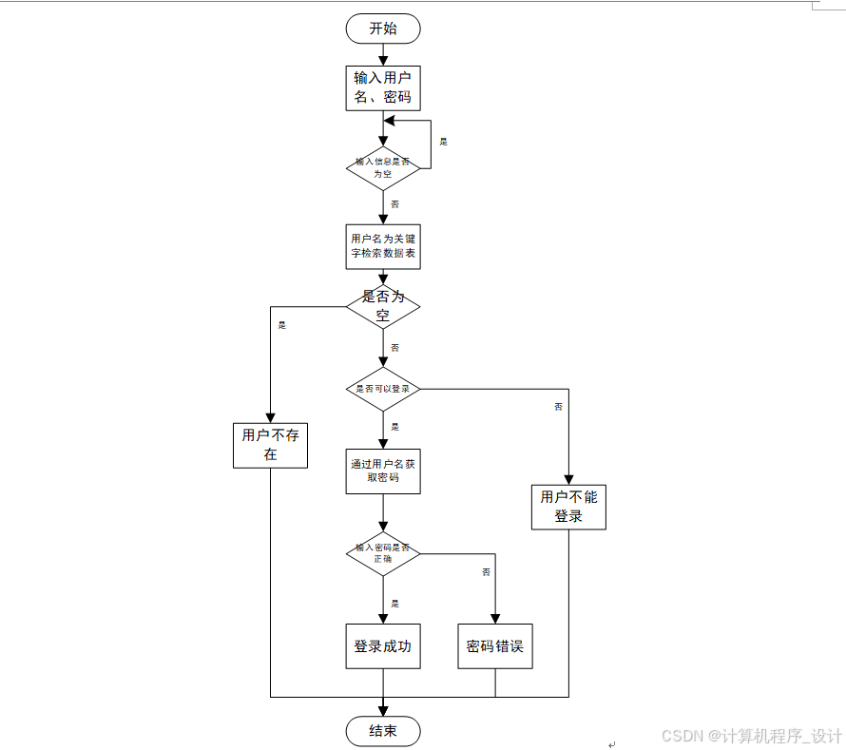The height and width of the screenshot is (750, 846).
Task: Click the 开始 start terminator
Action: click(x=383, y=29)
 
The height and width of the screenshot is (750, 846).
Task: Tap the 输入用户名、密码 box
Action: click(x=383, y=87)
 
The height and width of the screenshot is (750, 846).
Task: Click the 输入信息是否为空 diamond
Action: click(x=383, y=167)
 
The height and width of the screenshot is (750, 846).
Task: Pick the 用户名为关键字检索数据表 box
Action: click(x=383, y=246)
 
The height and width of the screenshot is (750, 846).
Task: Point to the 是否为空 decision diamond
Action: click(x=383, y=306)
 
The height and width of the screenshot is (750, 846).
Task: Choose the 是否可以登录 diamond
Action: click(x=383, y=389)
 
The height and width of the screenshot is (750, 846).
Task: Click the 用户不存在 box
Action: click(x=271, y=445)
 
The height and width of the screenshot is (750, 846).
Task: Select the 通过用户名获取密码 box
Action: click(x=383, y=471)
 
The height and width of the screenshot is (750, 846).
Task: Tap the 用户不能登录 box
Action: click(x=568, y=507)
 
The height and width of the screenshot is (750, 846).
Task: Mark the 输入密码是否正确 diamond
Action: click(x=383, y=553)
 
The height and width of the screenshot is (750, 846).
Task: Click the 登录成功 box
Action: click(x=383, y=646)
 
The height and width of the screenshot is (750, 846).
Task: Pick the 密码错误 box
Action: click(x=495, y=646)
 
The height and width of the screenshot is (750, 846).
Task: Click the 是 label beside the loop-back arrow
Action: click(x=443, y=142)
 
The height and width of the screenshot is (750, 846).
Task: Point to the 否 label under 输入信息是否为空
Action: click(x=394, y=204)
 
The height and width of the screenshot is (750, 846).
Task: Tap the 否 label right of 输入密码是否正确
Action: click(x=486, y=572)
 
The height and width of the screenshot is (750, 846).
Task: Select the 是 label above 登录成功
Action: click(x=394, y=604)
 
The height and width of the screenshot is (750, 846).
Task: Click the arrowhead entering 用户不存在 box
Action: click(x=271, y=417)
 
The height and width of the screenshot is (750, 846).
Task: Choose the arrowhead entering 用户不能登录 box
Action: click(x=568, y=479)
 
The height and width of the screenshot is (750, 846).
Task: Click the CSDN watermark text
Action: click(x=752, y=736)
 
